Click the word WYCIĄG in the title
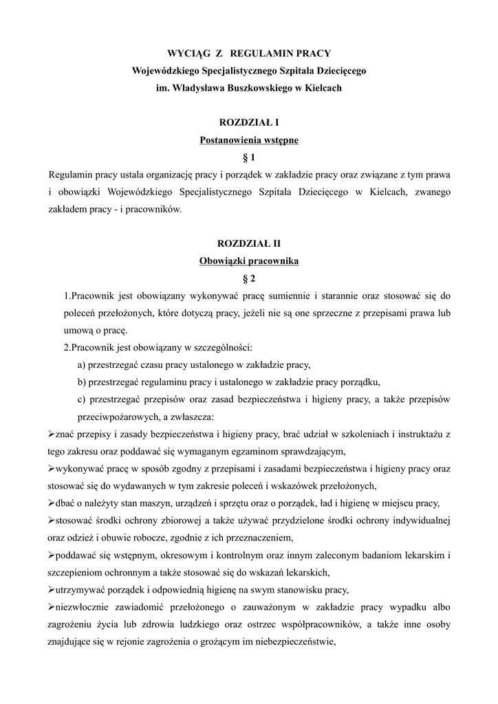click(x=188, y=53)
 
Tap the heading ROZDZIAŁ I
click(x=248, y=122)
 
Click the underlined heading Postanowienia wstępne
click(x=248, y=140)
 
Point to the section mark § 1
click(x=248, y=157)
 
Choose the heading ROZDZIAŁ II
click(x=248, y=243)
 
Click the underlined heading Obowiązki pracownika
click(x=248, y=261)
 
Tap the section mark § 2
click(x=248, y=278)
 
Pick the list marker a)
click(x=82, y=365)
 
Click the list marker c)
click(x=82, y=399)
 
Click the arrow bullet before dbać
click(x=52, y=503)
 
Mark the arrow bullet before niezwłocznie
click(x=52, y=606)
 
